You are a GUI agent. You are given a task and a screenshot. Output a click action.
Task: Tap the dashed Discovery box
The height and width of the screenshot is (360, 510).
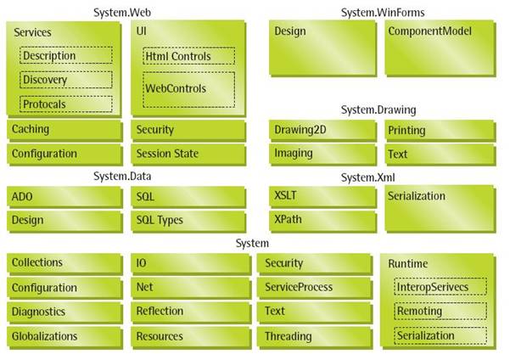point(66,81)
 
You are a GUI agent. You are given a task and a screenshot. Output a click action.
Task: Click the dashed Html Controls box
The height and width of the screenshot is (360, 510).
point(188,57)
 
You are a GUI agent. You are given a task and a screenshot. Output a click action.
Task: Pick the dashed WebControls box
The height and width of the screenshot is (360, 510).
point(188,89)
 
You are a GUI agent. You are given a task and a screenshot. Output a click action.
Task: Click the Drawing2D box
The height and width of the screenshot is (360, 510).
point(322,130)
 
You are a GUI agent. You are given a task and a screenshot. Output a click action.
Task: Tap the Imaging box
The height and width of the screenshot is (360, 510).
point(322,154)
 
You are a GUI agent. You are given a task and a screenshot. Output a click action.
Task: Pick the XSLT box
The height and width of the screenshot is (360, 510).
point(322,196)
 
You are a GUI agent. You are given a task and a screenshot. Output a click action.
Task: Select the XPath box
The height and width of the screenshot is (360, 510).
point(322,220)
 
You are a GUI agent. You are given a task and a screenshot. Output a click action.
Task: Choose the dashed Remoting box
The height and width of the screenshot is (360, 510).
point(440,312)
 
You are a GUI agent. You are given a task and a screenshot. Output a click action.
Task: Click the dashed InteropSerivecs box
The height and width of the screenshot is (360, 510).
point(440,288)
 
